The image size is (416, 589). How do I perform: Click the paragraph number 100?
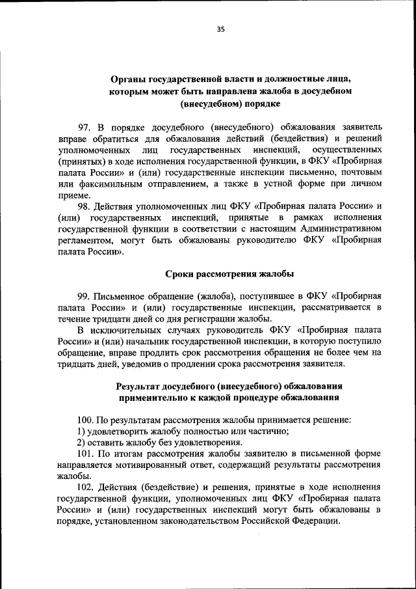[x=86, y=420]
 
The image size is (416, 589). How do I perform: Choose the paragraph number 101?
[x=86, y=453]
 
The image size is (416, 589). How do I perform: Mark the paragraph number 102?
[x=86, y=487]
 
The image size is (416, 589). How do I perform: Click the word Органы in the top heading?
[x=127, y=80]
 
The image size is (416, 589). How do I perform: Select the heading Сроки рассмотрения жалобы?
[x=220, y=273]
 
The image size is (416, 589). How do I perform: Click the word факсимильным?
[x=107, y=184]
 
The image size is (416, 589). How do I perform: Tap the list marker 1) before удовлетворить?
[x=82, y=431]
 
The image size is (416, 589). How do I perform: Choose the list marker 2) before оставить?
[x=82, y=442]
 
